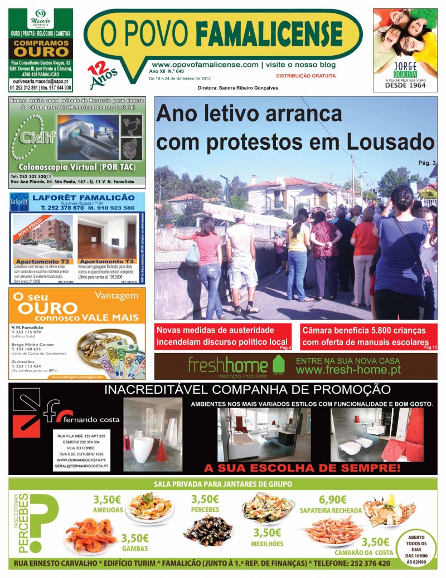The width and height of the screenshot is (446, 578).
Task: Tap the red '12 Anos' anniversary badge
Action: [x=101, y=75]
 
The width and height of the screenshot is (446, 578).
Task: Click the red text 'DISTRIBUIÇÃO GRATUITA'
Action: [x=306, y=76]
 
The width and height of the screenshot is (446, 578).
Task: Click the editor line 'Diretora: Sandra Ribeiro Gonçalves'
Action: [x=237, y=88]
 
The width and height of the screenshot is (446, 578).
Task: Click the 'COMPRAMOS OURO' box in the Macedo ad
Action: [x=41, y=48]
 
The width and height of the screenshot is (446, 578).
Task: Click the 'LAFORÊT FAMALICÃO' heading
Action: [x=84, y=198]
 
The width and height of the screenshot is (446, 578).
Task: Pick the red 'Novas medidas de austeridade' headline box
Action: [x=223, y=336]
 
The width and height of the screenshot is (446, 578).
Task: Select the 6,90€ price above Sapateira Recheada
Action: [x=332, y=500]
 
